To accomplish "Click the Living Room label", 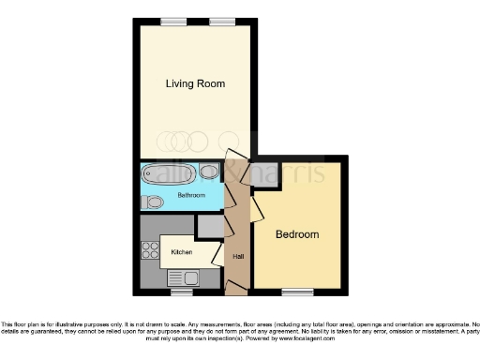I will pyautogui.click(x=195, y=83).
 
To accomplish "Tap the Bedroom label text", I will pyautogui.click(x=296, y=234).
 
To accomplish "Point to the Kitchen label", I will pyautogui.click(x=182, y=252).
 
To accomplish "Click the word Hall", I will pyautogui.click(x=238, y=257).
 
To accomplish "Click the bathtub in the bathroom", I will pyautogui.click(x=169, y=173).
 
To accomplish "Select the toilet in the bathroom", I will pyautogui.click(x=154, y=202).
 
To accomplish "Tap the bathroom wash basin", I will pyautogui.click(x=209, y=172).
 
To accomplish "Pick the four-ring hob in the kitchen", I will pyautogui.click(x=149, y=250).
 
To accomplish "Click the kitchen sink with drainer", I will pyautogui.click(x=182, y=277).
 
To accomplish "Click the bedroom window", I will pyautogui.click(x=298, y=291).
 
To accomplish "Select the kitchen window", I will pyautogui.click(x=181, y=291).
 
